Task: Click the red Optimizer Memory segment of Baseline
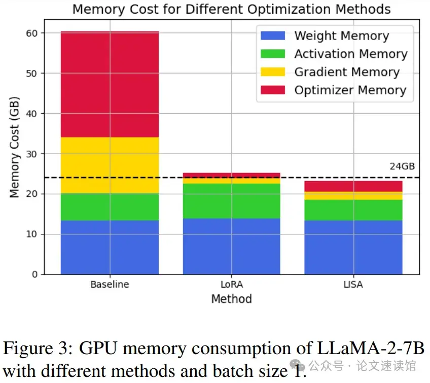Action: pos(110,84)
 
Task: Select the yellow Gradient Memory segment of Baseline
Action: pos(110,165)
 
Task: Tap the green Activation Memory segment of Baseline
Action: pos(110,207)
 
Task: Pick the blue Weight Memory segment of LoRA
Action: pos(231,246)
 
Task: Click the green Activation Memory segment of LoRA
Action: pos(231,201)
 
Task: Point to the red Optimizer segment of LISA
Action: pos(353,186)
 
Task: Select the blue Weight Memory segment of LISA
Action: pos(353,247)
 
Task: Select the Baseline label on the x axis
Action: pos(110,285)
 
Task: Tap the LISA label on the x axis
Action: pos(353,285)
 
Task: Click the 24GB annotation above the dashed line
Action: pos(402,166)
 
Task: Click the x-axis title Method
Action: pos(231,299)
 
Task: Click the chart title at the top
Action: pos(231,9)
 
